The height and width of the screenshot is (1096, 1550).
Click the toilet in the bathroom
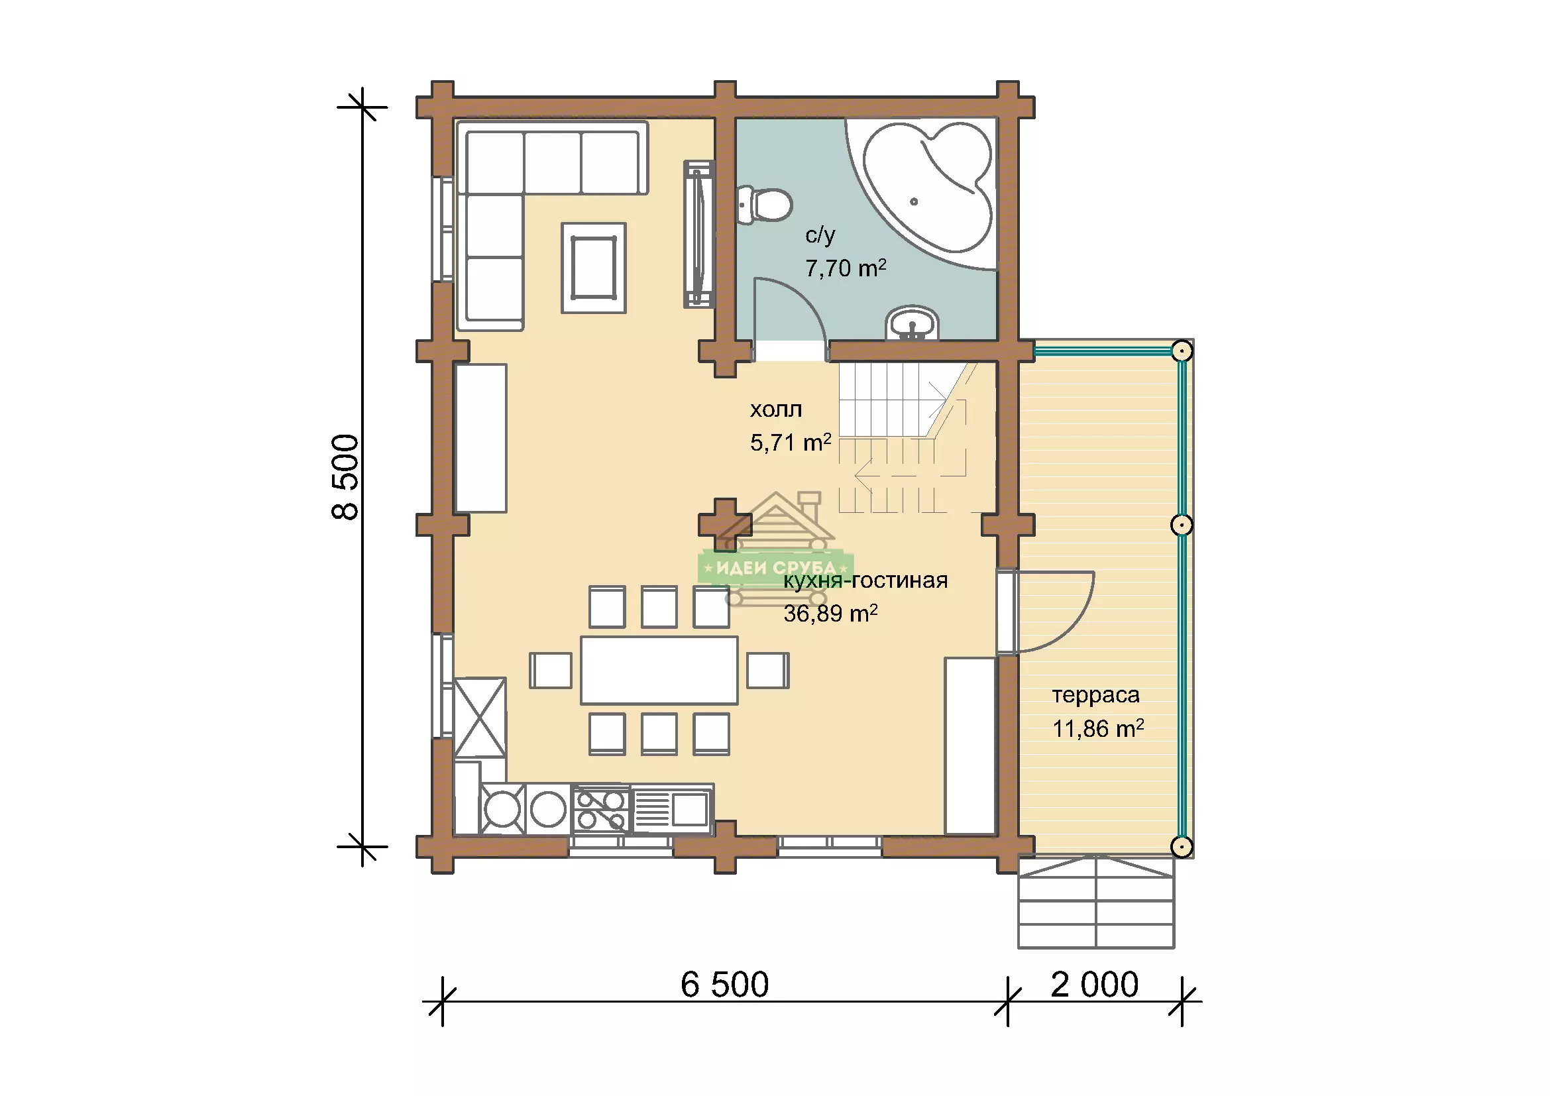click(x=763, y=205)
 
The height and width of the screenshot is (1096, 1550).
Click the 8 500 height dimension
click(x=346, y=476)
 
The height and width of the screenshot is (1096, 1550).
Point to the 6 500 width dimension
click(x=724, y=985)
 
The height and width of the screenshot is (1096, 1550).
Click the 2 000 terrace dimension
click(x=1094, y=985)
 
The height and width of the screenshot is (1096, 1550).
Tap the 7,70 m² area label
click(x=845, y=268)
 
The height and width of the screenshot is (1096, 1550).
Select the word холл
click(x=776, y=410)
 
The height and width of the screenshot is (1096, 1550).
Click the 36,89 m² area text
click(x=830, y=614)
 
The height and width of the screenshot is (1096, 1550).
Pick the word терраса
click(x=1095, y=695)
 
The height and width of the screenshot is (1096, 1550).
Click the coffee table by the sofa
click(x=593, y=268)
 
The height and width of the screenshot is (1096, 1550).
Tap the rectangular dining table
click(x=659, y=670)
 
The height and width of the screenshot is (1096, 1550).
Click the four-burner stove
click(x=601, y=810)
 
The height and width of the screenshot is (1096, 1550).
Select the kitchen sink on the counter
click(x=672, y=808)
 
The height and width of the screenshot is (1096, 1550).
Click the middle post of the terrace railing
click(x=1182, y=525)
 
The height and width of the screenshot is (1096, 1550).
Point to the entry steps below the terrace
click(x=1096, y=903)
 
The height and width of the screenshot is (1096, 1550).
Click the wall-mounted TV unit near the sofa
click(x=698, y=234)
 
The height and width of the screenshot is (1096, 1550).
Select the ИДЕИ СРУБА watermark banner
click(x=776, y=569)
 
